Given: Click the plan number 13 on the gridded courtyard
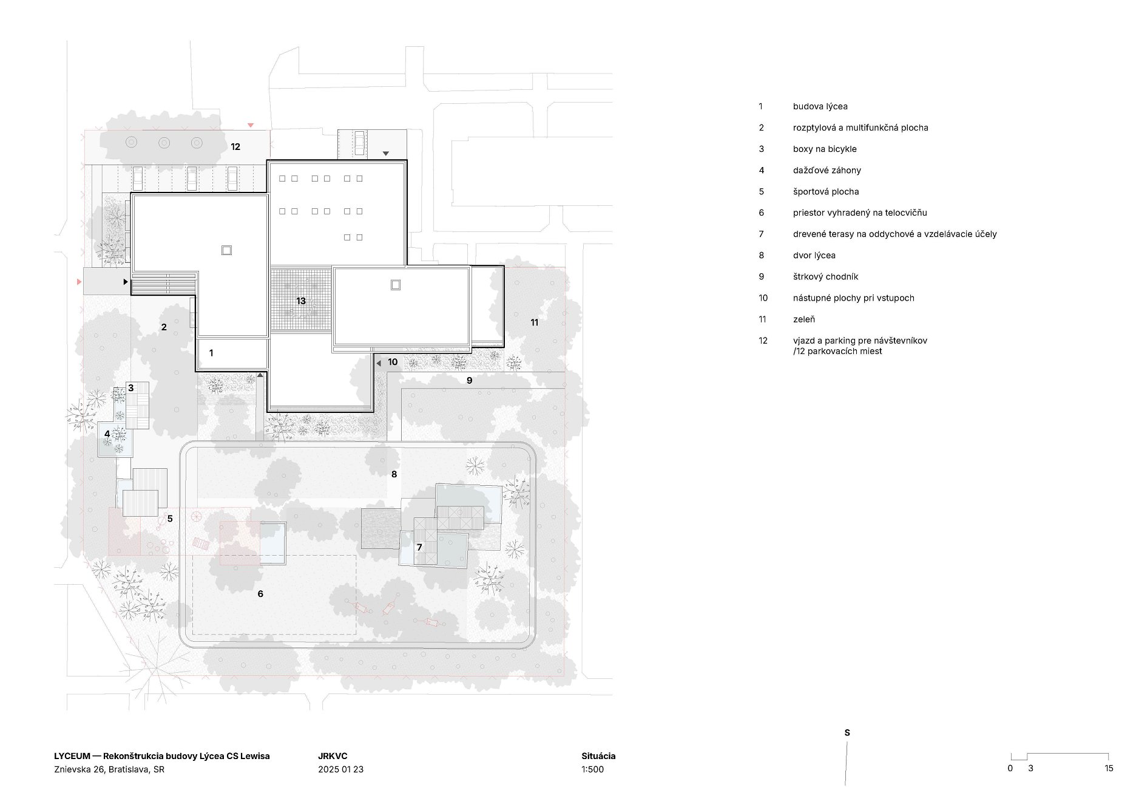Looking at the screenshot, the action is (x=301, y=301).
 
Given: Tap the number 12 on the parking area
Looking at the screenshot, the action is (x=235, y=147).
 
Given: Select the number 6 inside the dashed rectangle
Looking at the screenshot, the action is (x=260, y=594).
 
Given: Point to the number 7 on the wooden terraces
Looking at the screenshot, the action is (x=419, y=548).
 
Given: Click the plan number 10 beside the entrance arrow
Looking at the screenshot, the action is (x=393, y=363).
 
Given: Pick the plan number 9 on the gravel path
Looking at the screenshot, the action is (x=469, y=381).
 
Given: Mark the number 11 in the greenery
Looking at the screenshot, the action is (x=535, y=322).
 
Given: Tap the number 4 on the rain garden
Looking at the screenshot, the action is (x=107, y=434).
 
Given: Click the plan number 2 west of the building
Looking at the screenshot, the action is (x=164, y=327).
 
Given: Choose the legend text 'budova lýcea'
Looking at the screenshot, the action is (x=820, y=106).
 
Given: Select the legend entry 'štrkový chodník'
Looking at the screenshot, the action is (x=825, y=276).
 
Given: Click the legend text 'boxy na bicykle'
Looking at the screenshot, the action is (x=825, y=149).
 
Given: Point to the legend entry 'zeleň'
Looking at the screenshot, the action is (x=804, y=319).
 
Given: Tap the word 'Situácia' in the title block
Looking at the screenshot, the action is (x=598, y=756).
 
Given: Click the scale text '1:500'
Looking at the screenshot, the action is (x=593, y=769).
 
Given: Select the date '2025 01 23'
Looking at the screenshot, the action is (x=341, y=769).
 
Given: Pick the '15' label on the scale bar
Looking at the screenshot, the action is (x=1109, y=768).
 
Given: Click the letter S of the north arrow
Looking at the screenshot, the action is (x=847, y=733).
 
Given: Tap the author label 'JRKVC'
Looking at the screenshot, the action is (x=333, y=756).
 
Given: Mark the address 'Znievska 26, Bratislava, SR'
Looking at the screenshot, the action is (x=109, y=769).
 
